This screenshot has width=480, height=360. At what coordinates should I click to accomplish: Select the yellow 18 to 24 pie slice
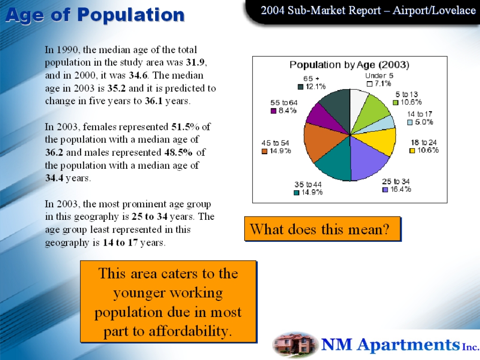coord(380,140)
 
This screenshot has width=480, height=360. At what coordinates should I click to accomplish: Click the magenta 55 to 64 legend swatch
coord(274,111)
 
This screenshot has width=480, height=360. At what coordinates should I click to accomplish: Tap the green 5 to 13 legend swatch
coord(396,103)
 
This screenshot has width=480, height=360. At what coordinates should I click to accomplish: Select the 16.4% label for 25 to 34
coord(400,189)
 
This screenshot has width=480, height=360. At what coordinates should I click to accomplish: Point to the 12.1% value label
coord(315,87)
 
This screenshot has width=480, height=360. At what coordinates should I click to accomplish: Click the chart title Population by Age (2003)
coord(349,65)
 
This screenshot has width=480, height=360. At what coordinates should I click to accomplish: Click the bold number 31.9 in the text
coord(195,62)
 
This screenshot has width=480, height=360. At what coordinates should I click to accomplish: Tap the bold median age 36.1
coord(153,101)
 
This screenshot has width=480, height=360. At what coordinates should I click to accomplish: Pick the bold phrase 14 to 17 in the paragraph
coord(120,242)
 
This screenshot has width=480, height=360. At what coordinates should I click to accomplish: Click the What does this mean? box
coord(322,229)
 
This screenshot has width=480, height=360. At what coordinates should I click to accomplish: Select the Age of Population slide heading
coord(95,15)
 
